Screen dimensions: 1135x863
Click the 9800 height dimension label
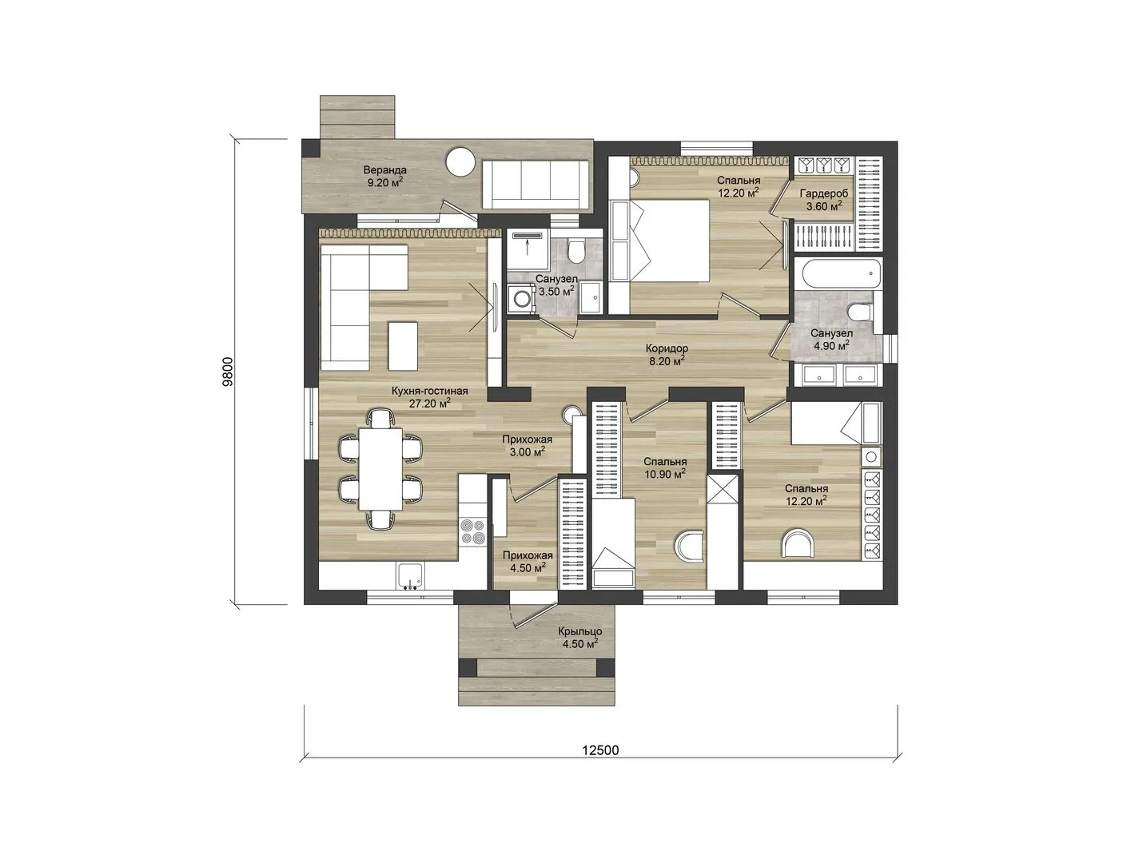tap(229, 372)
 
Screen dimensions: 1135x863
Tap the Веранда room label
tap(384, 170)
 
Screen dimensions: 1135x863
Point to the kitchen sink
tap(410, 575)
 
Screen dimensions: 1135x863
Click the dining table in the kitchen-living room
tap(380, 468)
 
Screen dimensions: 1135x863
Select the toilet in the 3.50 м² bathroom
tap(575, 251)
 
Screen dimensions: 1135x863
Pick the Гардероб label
tap(824, 194)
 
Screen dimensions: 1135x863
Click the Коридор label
tap(670, 348)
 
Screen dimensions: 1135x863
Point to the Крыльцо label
tap(579, 631)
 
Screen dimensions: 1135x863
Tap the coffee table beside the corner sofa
tap(403, 345)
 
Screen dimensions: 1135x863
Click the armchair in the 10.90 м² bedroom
tap(689, 547)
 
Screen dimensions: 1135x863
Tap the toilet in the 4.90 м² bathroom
tap(860, 312)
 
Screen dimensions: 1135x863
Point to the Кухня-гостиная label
tap(430, 391)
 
